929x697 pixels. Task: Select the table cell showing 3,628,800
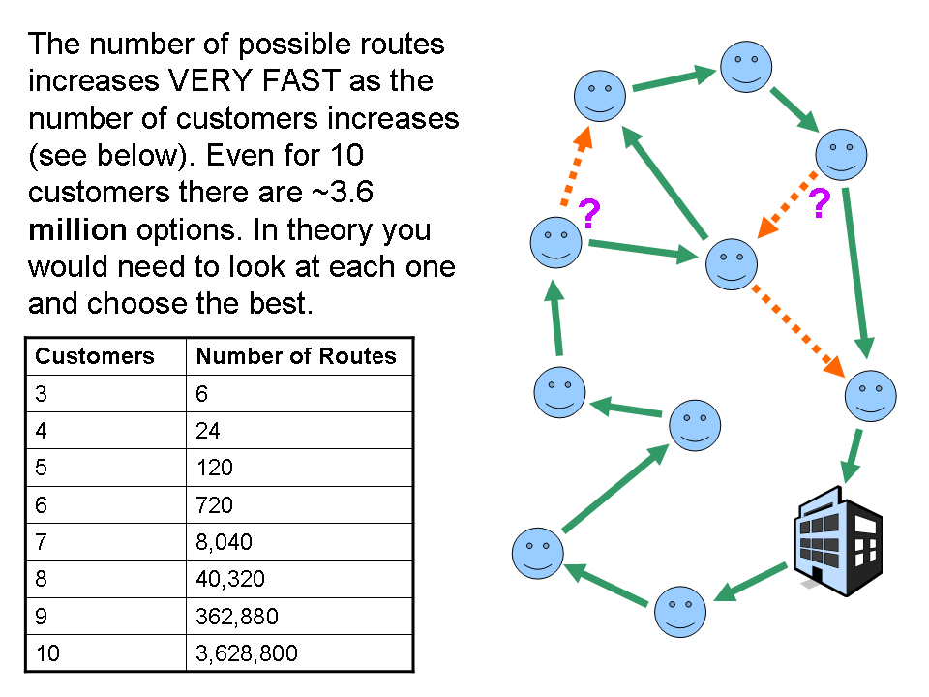pos(247,653)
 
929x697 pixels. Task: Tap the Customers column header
pos(95,356)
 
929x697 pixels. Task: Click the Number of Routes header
pos(296,356)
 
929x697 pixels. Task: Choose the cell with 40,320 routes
pos(230,579)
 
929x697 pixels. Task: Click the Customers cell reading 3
pos(41,393)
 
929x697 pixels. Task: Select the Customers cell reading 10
pos(47,653)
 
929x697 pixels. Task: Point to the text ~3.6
pos(340,193)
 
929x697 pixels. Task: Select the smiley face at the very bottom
pos(680,612)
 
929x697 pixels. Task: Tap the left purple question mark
pos(587,212)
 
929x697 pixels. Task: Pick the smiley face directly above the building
pos(871,395)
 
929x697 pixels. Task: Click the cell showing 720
pos(214,504)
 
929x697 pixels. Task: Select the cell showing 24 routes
pos(208,430)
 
